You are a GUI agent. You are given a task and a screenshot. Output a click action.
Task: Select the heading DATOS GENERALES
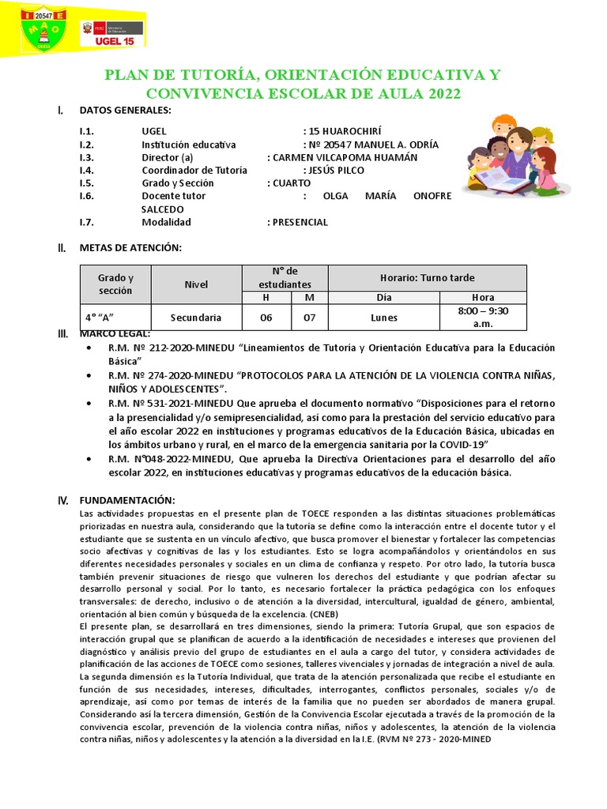tap(125, 111)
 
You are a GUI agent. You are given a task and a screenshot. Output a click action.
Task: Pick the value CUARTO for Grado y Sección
tap(293, 182)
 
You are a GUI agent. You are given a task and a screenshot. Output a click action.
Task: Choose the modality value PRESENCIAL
tap(300, 222)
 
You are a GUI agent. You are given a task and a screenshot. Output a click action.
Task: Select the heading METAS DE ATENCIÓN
tap(130, 247)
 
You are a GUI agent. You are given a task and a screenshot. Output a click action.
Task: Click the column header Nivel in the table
tap(195, 284)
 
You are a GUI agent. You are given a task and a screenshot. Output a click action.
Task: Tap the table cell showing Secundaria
tap(195, 318)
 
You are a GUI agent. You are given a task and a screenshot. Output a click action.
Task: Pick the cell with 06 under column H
tap(266, 318)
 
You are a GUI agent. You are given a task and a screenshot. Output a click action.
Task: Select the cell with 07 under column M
tap(309, 318)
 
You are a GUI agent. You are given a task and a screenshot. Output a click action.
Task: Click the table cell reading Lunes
tap(383, 318)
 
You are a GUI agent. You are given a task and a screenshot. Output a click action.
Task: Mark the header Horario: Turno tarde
tap(427, 277)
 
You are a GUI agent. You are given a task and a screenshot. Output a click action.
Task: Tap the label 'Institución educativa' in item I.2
tap(188, 145)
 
